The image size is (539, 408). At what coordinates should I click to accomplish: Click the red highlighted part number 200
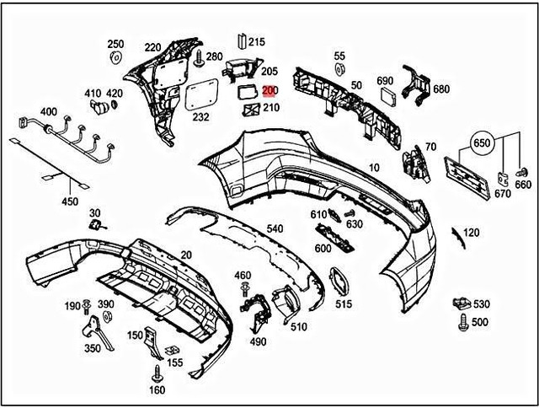tap(269, 91)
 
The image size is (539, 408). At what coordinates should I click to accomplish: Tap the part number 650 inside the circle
tap(481, 143)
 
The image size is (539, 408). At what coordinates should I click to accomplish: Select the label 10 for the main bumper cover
tap(373, 169)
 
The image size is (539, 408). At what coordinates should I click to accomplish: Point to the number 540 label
tap(275, 228)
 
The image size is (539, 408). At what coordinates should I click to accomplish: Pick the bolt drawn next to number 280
tap(199, 60)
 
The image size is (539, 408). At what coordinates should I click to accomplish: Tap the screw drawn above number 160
tap(157, 371)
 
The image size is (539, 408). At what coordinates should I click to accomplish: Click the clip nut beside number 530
tap(460, 302)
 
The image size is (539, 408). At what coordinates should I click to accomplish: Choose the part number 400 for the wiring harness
tap(49, 112)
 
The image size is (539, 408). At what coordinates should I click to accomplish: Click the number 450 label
tap(70, 201)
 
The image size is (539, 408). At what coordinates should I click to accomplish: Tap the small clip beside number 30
tap(96, 225)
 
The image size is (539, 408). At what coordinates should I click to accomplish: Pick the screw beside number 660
tap(520, 173)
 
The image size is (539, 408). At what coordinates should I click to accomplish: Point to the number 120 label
tap(472, 232)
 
